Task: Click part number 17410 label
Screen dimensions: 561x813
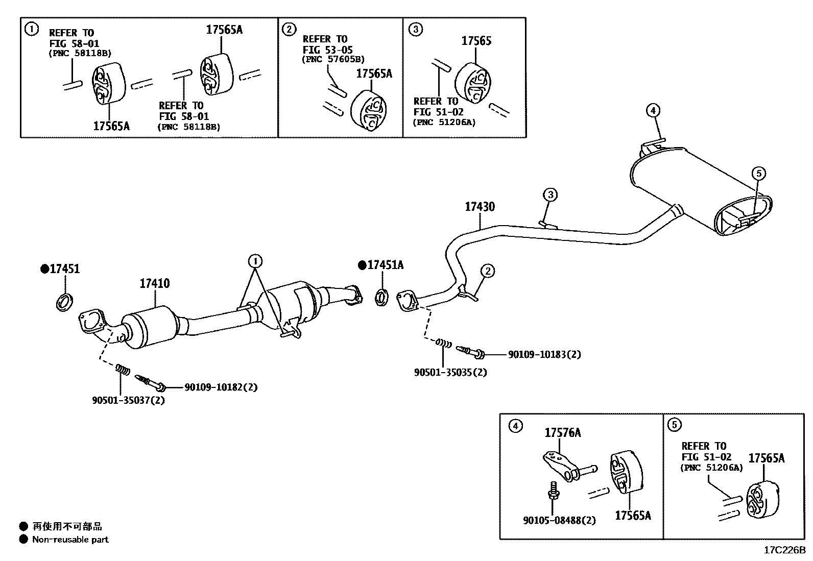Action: coord(155,283)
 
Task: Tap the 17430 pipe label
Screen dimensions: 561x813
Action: coord(480,207)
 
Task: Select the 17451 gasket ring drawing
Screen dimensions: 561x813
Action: coord(63,302)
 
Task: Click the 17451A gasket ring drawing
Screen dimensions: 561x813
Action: coord(381,297)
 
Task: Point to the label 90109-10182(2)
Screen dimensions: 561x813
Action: coord(221,387)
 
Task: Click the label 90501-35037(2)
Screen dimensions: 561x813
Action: coord(128,400)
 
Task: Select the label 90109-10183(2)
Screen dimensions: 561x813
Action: coord(544,354)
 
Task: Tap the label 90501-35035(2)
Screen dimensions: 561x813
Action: coord(450,372)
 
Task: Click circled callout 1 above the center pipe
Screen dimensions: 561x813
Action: coord(255,262)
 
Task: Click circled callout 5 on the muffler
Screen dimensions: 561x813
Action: coord(758,174)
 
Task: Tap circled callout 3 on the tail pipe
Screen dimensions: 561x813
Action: coord(549,194)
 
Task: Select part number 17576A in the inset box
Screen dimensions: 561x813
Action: coord(562,433)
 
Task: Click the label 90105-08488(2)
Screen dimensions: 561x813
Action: coord(559,521)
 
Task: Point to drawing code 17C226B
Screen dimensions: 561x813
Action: coord(784,550)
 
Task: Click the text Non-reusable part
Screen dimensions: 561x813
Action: coord(70,540)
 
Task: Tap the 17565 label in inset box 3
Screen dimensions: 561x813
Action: coord(476,41)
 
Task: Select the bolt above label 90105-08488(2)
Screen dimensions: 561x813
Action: coord(553,490)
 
